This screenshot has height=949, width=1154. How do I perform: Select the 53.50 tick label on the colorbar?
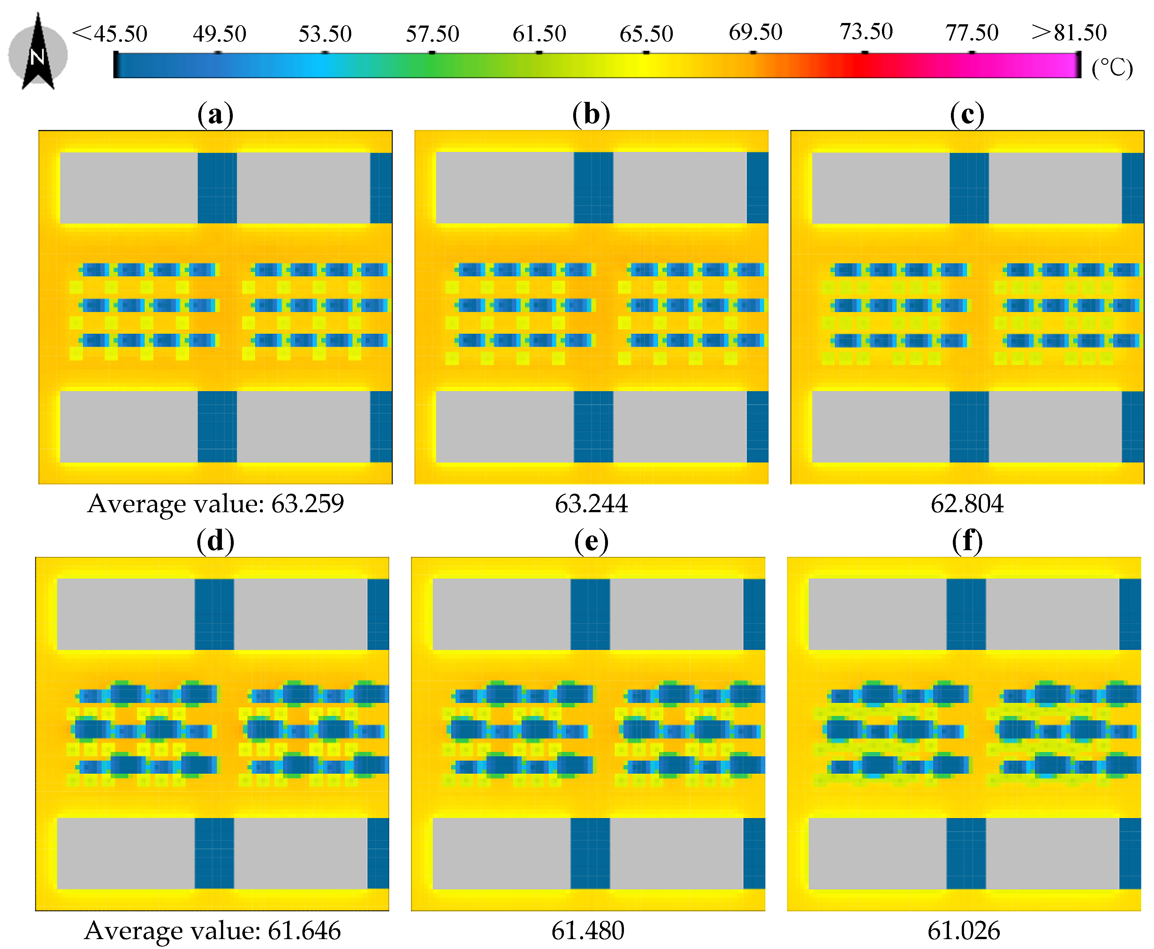pos(325,34)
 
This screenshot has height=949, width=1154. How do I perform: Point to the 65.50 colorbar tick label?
pos(646,34)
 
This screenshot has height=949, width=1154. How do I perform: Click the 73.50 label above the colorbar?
pos(866,32)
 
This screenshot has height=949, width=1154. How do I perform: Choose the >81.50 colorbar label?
pos(1069,33)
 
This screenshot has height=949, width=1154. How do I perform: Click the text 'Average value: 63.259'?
pos(216,504)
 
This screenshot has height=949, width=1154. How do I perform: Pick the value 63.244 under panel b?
pos(591,504)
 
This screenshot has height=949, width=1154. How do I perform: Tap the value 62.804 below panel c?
pos(967,504)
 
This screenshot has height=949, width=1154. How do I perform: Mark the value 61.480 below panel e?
pos(588,930)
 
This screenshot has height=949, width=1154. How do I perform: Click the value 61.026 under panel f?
pos(964,930)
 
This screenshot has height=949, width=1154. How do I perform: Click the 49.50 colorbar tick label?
pos(219,34)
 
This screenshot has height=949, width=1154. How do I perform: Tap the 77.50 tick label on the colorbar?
pos(972,33)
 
